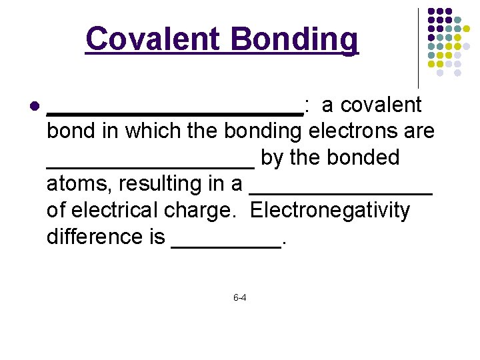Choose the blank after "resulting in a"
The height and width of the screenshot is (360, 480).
pyautogui.click(x=341, y=193)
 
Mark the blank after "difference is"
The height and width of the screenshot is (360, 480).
pyautogui.click(x=226, y=245)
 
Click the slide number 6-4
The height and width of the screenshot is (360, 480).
pyautogui.click(x=240, y=297)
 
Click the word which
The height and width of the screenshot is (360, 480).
pyautogui.click(x=153, y=131)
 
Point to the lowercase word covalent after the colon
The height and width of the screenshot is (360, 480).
pyautogui.click(x=381, y=105)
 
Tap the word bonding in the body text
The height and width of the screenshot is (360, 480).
pyautogui.click(x=263, y=131)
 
